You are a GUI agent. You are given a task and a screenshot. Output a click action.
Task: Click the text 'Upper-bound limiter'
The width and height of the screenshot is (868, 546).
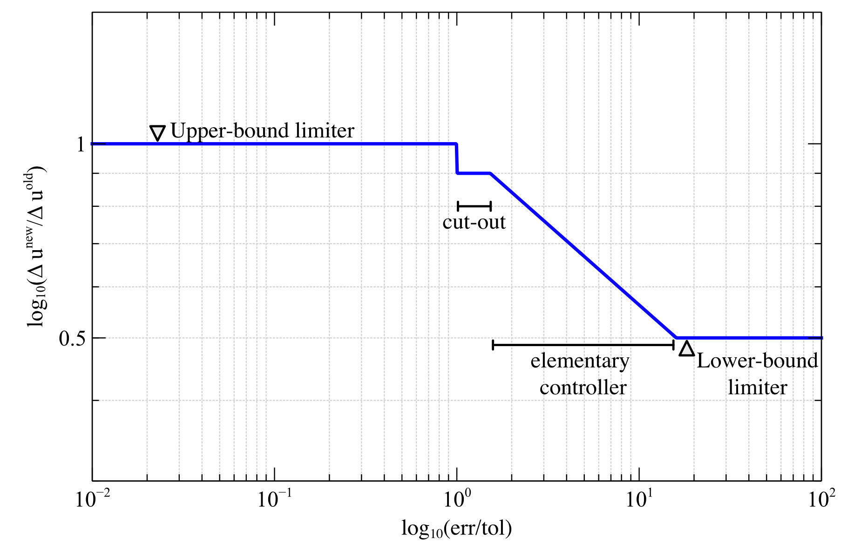262,131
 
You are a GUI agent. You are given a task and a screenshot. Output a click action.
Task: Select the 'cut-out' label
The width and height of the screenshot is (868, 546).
474,222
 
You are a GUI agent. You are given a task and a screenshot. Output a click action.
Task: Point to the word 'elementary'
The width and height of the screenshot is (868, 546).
580,361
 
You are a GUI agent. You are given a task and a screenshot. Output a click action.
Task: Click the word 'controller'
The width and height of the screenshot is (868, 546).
583,388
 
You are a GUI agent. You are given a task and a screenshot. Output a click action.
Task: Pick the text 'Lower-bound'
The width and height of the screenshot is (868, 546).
757,361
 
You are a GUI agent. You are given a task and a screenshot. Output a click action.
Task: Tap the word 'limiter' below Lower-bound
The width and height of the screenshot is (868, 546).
757,388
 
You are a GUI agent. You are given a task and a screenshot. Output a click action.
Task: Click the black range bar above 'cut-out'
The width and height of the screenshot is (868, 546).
474,206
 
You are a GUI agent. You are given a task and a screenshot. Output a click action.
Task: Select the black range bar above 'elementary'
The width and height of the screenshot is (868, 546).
583,345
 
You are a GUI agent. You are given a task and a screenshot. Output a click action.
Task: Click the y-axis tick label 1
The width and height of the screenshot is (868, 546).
81,144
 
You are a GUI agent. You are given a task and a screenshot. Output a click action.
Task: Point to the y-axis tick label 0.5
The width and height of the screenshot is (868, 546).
73,339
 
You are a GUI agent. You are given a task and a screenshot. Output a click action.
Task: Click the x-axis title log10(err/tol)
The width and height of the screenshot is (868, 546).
456,529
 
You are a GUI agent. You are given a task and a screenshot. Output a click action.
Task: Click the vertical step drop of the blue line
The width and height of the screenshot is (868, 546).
457,159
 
